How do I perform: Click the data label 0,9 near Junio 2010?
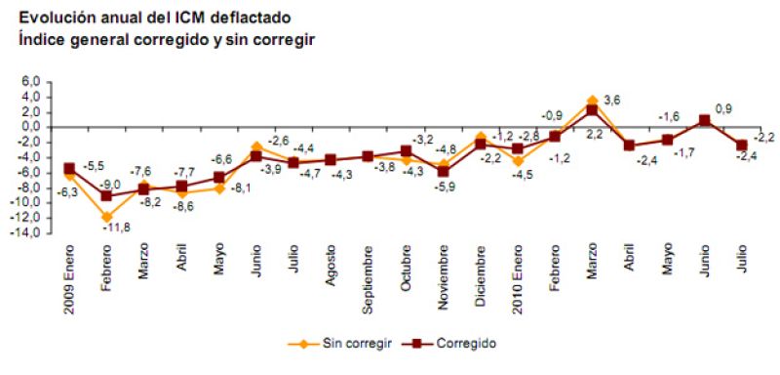click(x=723, y=109)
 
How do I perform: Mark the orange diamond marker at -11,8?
click(x=106, y=217)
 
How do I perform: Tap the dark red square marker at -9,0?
click(x=106, y=195)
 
